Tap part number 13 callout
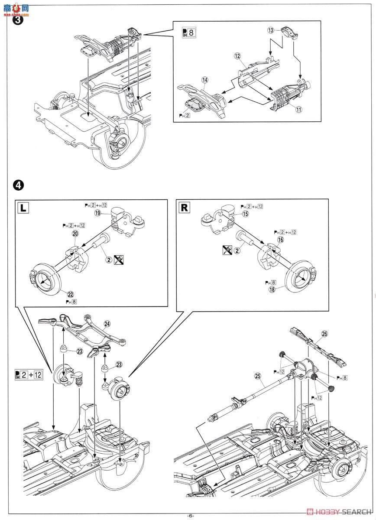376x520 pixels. pyautogui.click(x=270, y=30)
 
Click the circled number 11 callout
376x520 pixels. pyautogui.click(x=299, y=110)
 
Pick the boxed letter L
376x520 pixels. pyautogui.click(x=23, y=207)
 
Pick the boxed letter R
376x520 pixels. pyautogui.click(x=185, y=207)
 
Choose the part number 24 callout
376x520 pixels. pyautogui.click(x=107, y=323)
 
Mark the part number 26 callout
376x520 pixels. pyautogui.click(x=325, y=334)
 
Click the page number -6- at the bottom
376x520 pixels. pyautogui.click(x=191, y=516)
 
